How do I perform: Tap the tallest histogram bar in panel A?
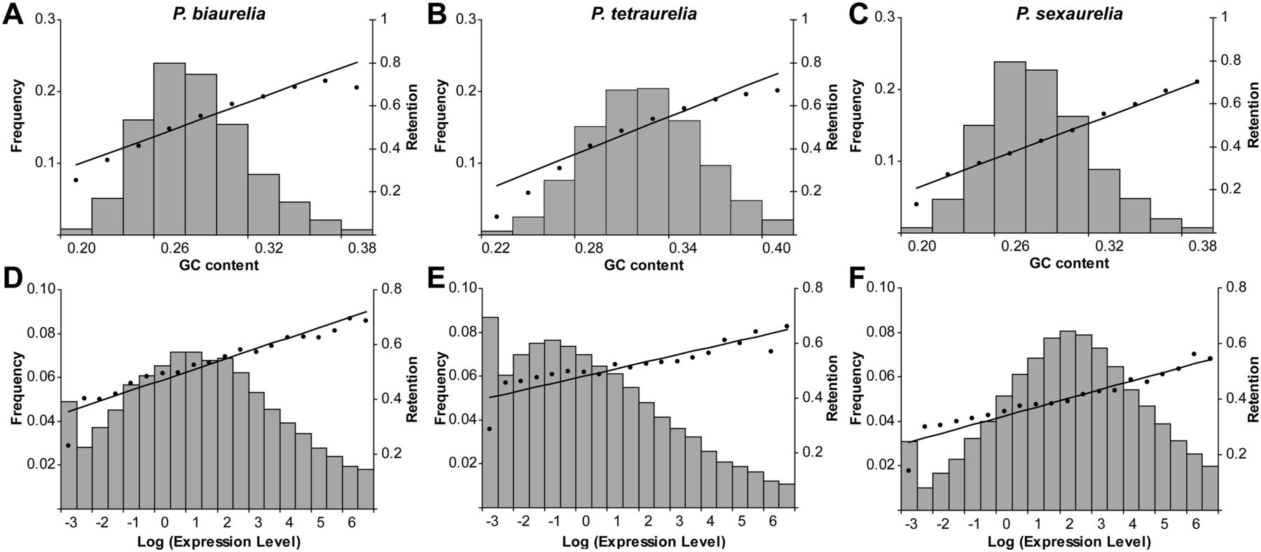point(170,147)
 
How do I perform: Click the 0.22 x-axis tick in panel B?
point(496,248)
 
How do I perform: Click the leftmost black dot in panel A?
point(76,180)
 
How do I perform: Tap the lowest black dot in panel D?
point(68,445)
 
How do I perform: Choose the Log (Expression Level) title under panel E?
point(643,542)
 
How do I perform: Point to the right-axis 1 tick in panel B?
point(804,20)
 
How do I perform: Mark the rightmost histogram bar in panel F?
point(1210,487)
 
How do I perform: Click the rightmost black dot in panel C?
point(1197,81)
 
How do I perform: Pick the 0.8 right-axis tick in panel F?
point(1237,287)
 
